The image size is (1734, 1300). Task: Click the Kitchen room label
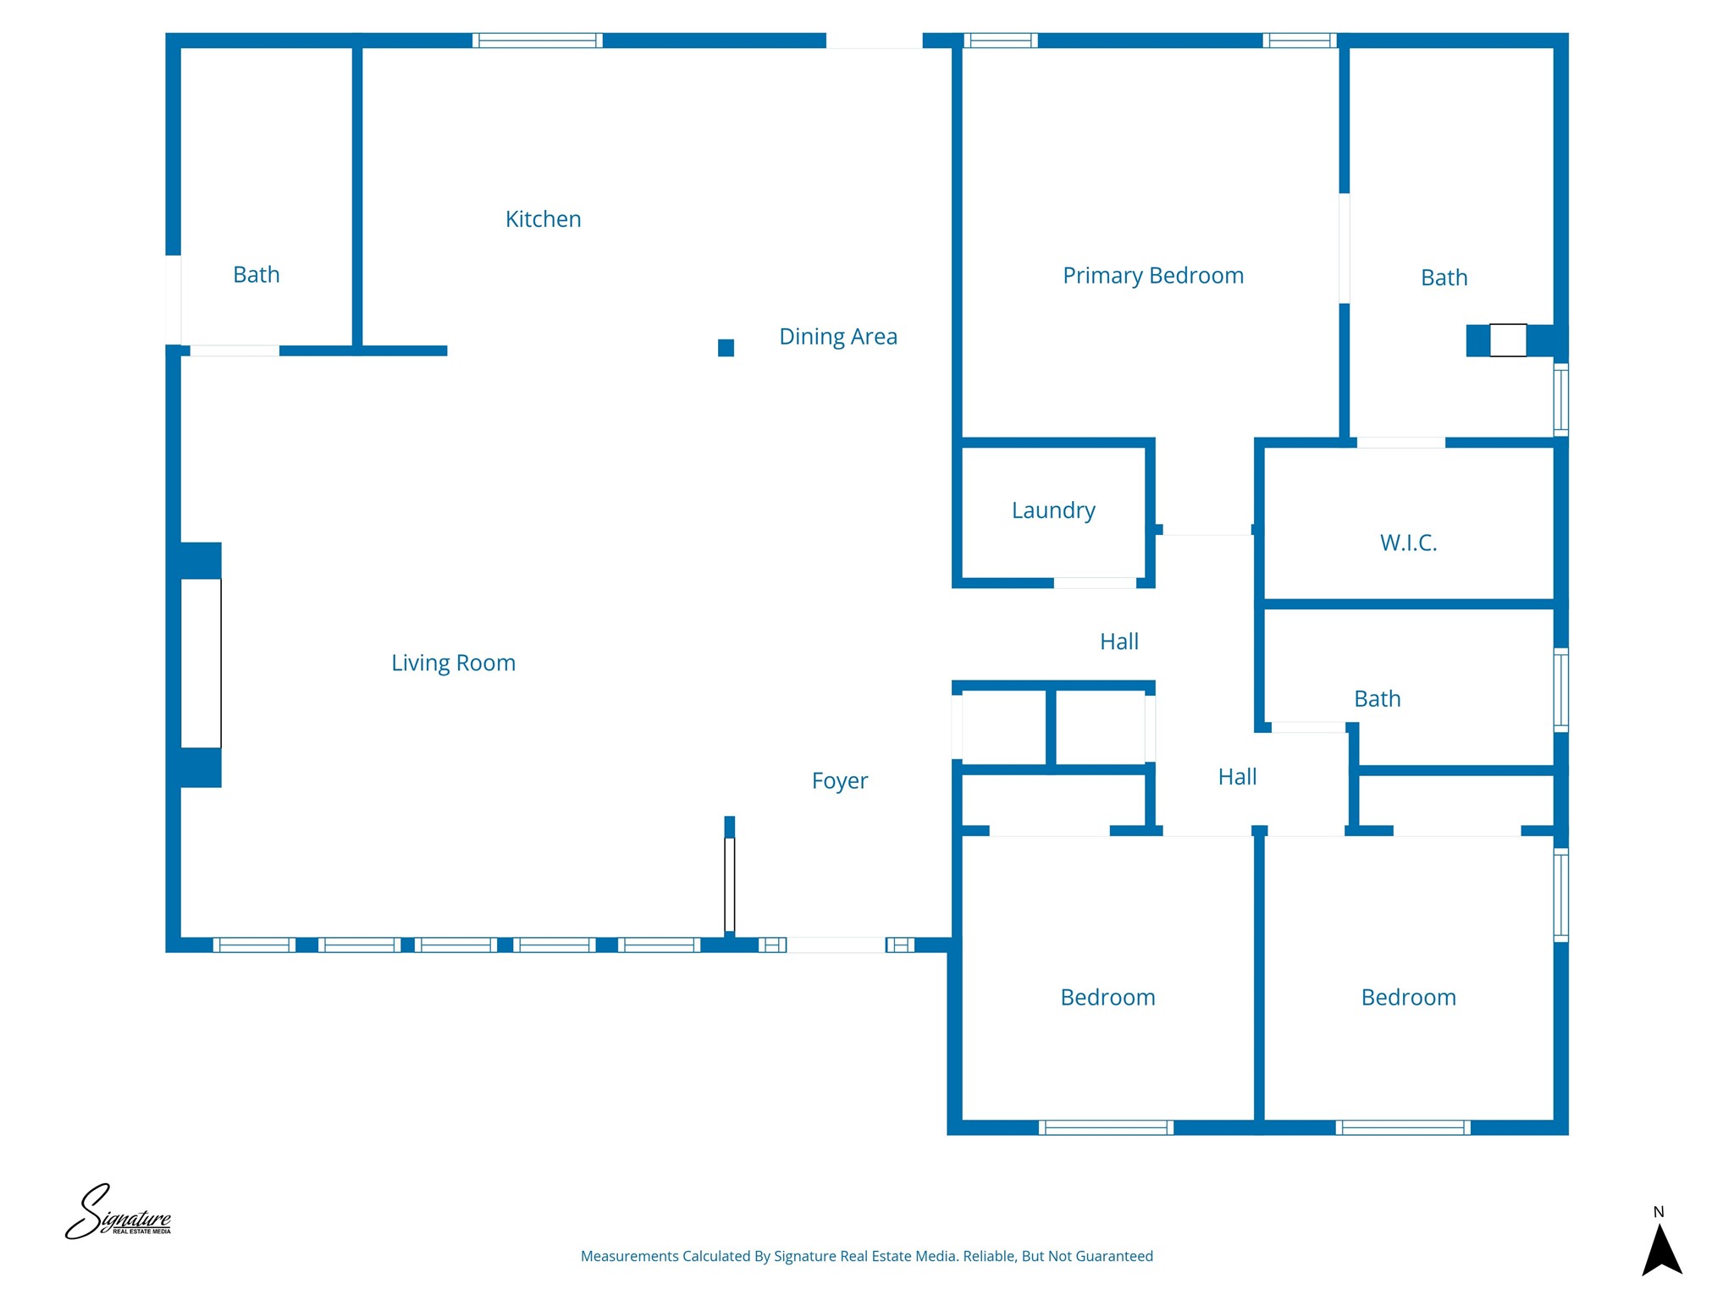[543, 219]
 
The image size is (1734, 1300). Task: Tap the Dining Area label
[838, 336]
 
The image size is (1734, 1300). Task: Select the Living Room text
[453, 663]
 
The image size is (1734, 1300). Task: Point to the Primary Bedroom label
[1153, 276]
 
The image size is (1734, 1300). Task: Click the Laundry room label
[1053, 510]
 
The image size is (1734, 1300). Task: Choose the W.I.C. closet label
[1409, 543]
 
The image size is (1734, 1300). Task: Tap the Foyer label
[840, 780]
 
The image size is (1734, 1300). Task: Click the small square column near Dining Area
[726, 348]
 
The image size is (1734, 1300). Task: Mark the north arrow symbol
[1661, 1249]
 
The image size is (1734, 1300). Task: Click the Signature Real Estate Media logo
[119, 1213]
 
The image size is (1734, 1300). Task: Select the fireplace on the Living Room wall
[201, 664]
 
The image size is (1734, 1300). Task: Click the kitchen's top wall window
[538, 40]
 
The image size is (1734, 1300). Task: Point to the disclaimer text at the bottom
[867, 1256]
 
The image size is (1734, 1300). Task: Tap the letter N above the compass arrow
[1659, 1212]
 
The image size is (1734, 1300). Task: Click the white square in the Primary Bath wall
[1508, 340]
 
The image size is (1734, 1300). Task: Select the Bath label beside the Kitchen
[257, 274]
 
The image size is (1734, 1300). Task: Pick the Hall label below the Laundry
[1119, 642]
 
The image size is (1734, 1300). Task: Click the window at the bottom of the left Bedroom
[1106, 1127]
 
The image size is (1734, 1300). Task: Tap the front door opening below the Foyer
[837, 945]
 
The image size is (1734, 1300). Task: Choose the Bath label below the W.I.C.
[1378, 699]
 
